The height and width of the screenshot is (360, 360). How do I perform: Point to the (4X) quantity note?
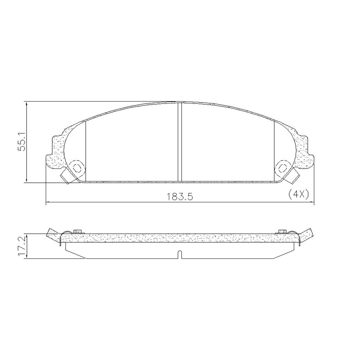point(299,194)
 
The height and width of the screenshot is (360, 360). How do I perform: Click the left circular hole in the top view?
point(77,167)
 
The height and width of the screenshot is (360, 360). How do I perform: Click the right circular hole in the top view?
point(283,167)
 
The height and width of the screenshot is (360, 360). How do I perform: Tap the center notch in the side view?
point(180,254)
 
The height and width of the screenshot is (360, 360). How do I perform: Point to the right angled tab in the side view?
point(307,234)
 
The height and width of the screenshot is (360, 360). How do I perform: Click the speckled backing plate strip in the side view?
point(180,238)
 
